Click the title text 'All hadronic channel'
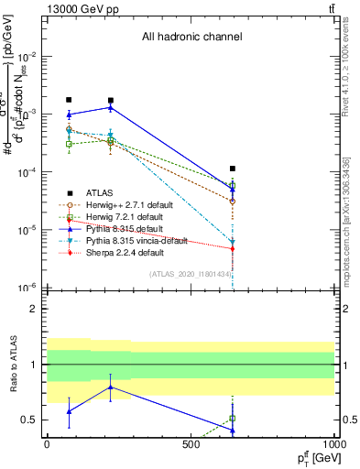[191, 38]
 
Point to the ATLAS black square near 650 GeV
[233, 169]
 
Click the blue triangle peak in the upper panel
[111, 107]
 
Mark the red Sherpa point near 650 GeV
[233, 248]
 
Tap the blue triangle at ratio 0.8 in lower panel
[111, 387]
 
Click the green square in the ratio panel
[233, 418]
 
